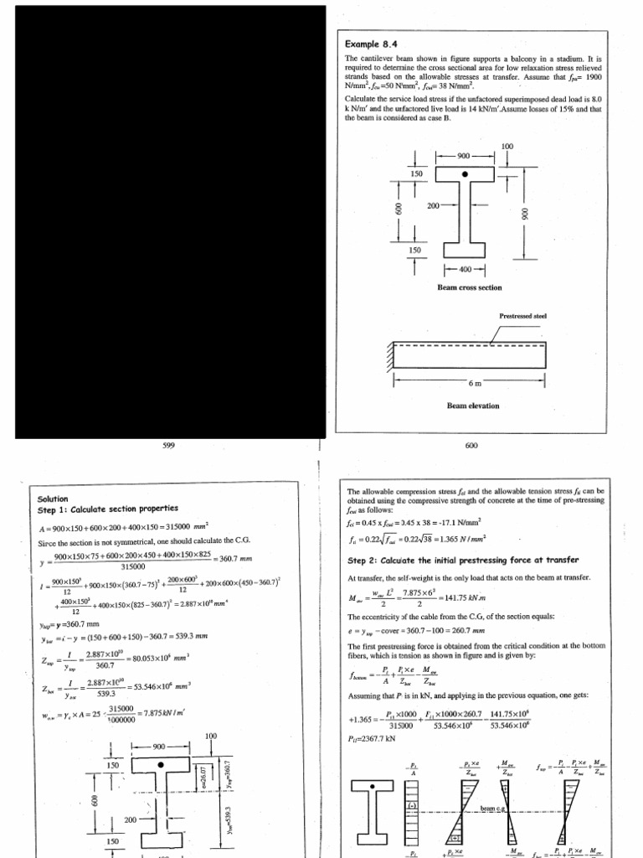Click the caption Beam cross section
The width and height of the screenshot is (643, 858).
469,287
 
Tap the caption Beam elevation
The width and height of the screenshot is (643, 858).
472,406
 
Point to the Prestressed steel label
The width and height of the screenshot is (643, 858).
522,316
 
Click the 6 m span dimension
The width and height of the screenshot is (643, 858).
476,383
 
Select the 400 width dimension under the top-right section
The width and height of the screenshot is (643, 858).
459,269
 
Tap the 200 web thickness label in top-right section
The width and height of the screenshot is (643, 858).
434,205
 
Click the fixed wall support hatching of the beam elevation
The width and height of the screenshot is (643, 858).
392,355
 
